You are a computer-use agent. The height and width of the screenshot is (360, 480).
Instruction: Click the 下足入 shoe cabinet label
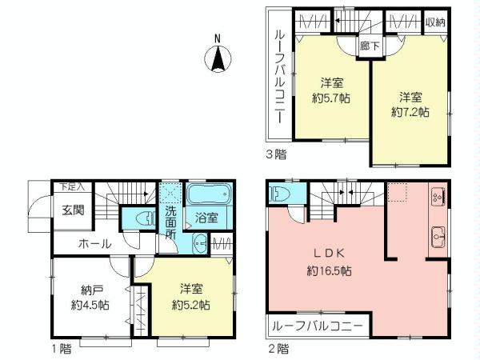[x=72, y=186]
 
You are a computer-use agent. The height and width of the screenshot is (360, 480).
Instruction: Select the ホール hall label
[x=94, y=243]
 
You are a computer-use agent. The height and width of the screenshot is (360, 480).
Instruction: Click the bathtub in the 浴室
[x=209, y=194]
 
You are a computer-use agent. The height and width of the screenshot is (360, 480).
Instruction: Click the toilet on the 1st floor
[x=142, y=217]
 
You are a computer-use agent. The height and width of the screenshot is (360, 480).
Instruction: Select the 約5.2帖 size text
[x=192, y=305]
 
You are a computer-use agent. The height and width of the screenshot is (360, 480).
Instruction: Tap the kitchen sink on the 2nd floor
[x=438, y=235]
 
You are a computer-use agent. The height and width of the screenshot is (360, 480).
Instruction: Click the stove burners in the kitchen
[x=438, y=196]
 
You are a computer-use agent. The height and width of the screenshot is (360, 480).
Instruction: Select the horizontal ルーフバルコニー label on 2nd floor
[x=315, y=326]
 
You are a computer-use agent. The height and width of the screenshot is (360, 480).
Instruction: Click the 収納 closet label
[x=434, y=22]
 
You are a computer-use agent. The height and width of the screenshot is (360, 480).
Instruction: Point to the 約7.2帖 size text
[x=410, y=113]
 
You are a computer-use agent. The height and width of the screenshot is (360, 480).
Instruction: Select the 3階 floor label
[x=278, y=154]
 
